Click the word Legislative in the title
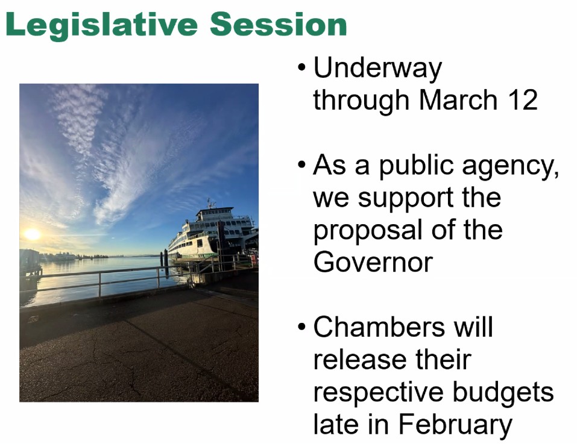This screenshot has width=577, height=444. (x=102, y=25)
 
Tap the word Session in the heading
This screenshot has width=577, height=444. (x=279, y=24)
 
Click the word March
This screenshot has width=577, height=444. (x=458, y=99)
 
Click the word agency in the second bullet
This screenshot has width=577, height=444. (x=511, y=167)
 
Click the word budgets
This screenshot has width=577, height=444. (x=503, y=393)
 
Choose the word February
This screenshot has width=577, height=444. (x=456, y=425)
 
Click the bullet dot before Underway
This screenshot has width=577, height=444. (x=301, y=68)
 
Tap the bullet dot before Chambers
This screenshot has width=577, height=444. (x=301, y=326)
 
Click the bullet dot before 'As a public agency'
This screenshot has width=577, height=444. (x=301, y=164)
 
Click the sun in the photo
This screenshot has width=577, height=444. (x=33, y=234)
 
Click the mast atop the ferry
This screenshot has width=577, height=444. (x=211, y=203)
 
